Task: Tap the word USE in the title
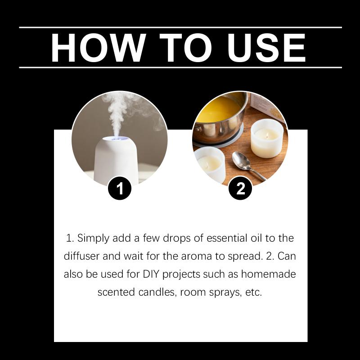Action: tap(266, 48)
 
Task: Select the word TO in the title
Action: tap(185, 48)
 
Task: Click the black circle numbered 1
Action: tap(120, 188)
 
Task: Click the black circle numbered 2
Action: tap(240, 188)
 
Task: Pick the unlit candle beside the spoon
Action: tap(209, 164)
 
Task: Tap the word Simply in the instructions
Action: tap(93, 238)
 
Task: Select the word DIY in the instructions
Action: tap(151, 274)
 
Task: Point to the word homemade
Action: tap(268, 274)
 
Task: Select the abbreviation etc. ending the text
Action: tap(253, 292)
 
